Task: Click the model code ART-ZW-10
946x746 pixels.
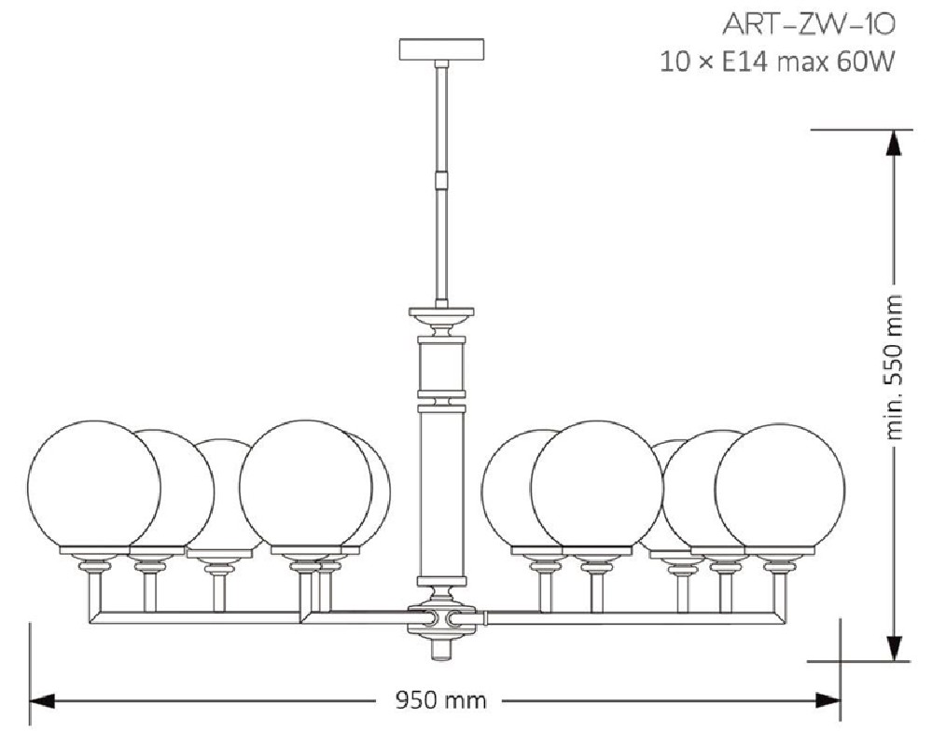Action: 808,25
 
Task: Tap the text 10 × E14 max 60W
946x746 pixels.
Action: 776,62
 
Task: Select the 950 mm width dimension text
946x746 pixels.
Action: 440,700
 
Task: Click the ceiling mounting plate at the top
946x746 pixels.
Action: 442,49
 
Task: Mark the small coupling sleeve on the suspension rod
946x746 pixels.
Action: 442,180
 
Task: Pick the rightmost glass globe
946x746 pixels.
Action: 781,489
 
